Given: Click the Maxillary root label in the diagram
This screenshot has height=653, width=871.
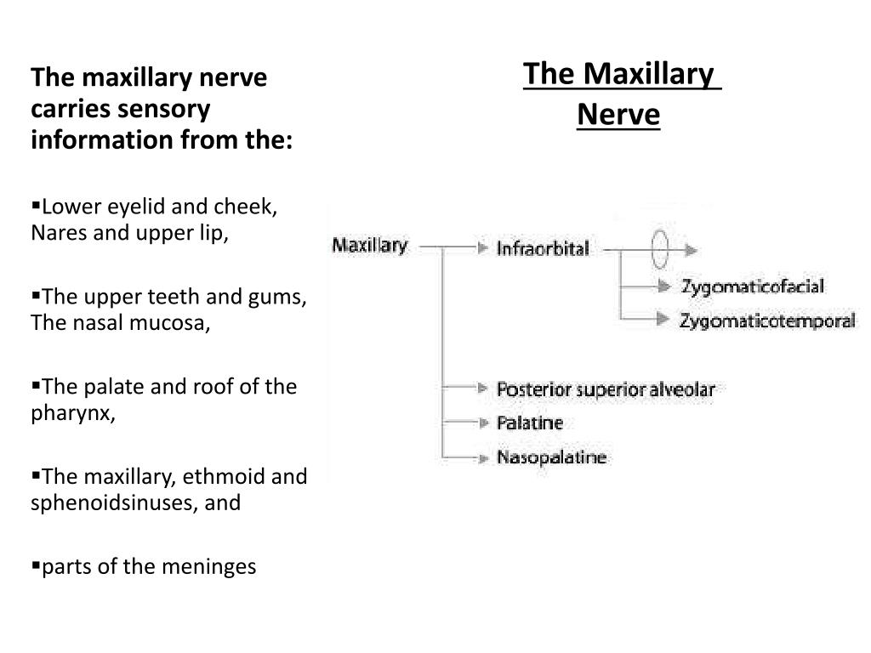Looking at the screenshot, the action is pos(369,245).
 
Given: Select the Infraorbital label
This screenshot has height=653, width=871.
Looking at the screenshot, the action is pos(543,248).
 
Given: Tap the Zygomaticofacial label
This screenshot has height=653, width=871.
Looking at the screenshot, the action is pos(753,287).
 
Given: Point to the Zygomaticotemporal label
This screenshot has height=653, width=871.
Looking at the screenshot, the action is pos(767,321).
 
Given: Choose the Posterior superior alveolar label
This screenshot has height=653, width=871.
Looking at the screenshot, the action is pos(606,389).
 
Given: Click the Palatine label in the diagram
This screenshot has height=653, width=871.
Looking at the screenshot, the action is pos(529,423).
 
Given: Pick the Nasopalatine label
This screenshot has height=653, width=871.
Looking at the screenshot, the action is pos(551,457).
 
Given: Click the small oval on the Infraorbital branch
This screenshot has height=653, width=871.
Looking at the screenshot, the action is pos(659,249).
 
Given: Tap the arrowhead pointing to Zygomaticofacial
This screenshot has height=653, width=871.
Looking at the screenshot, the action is pos(663,286).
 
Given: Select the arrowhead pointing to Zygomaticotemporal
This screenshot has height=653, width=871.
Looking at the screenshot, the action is pos(662,319).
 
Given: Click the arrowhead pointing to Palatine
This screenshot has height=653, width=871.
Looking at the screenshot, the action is pos(483,423).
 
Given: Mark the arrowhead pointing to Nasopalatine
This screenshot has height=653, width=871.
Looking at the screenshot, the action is pos(483,458).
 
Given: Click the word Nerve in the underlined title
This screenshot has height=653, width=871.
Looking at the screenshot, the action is pos(618,115).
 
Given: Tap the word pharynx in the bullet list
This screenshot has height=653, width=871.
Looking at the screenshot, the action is pos(73,412).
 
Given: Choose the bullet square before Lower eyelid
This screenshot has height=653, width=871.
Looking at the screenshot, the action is pos(36,206).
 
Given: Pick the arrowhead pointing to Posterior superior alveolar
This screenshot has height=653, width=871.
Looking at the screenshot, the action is pos(483,388).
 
